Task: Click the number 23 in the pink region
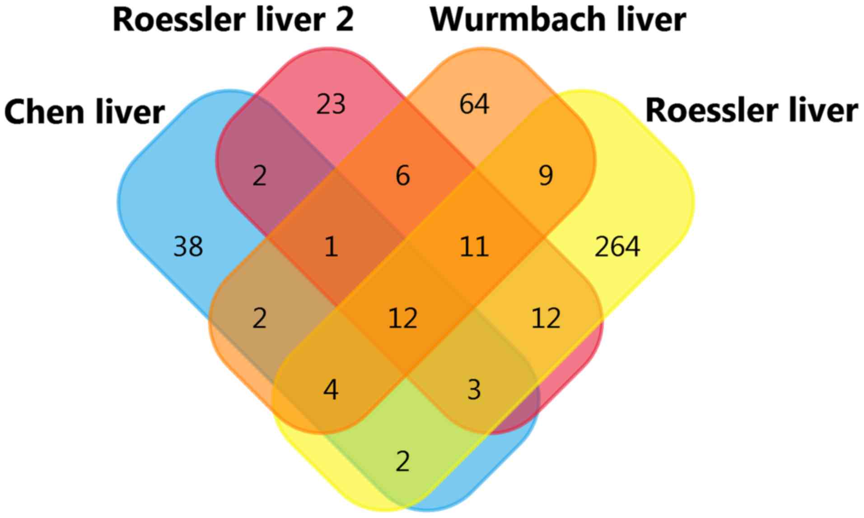331,104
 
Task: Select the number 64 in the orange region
474,104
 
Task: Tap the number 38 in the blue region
188,247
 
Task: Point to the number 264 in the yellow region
617,247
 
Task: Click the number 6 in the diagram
402,176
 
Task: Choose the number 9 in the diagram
546,176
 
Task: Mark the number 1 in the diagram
331,247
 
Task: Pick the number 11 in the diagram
474,247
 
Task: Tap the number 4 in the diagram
331,390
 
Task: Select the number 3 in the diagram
474,390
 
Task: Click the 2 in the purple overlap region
259,176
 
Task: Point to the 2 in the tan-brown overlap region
259,319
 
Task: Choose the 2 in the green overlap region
402,461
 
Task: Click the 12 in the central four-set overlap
402,319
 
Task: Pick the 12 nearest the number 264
546,319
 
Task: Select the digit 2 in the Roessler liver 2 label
344,19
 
